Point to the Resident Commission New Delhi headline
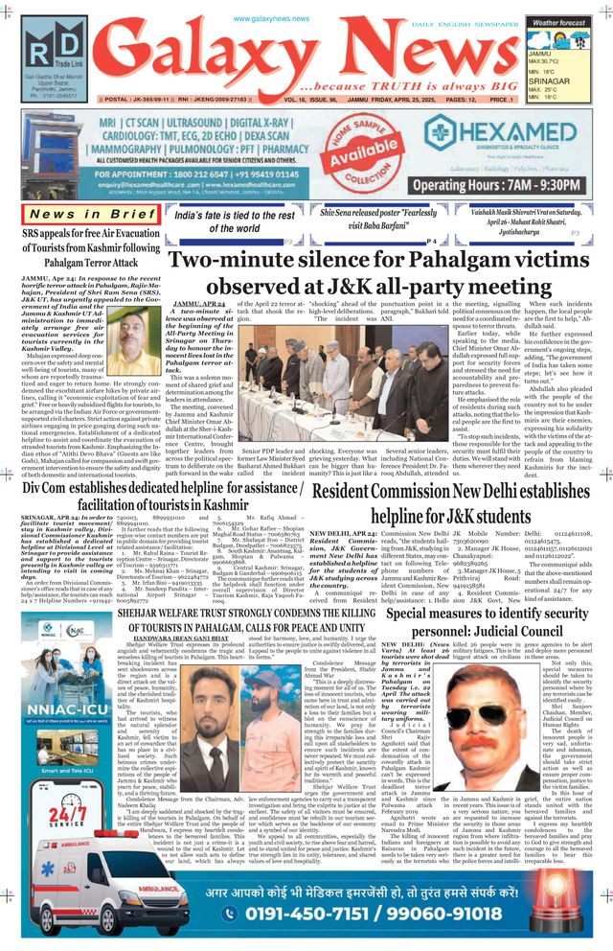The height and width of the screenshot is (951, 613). [449, 504]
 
